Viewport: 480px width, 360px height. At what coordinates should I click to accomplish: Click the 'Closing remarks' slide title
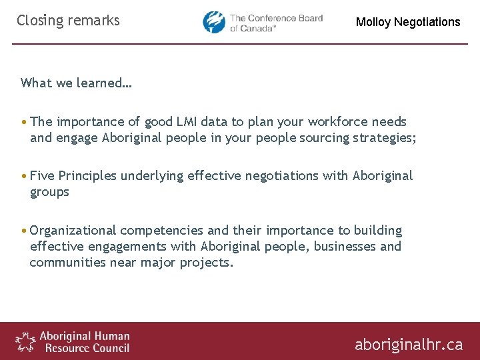68,21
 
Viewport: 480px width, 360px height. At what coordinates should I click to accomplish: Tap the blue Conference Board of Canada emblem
215,22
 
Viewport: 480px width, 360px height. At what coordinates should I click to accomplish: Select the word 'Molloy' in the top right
373,22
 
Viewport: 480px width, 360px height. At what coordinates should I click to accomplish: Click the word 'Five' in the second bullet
42,175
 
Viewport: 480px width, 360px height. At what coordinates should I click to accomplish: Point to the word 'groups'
49,192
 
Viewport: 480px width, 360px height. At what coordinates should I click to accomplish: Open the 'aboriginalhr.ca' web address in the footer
408,344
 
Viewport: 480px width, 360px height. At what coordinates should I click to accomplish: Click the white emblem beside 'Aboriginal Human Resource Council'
25,341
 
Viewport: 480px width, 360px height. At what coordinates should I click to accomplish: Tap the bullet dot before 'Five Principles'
24,176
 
